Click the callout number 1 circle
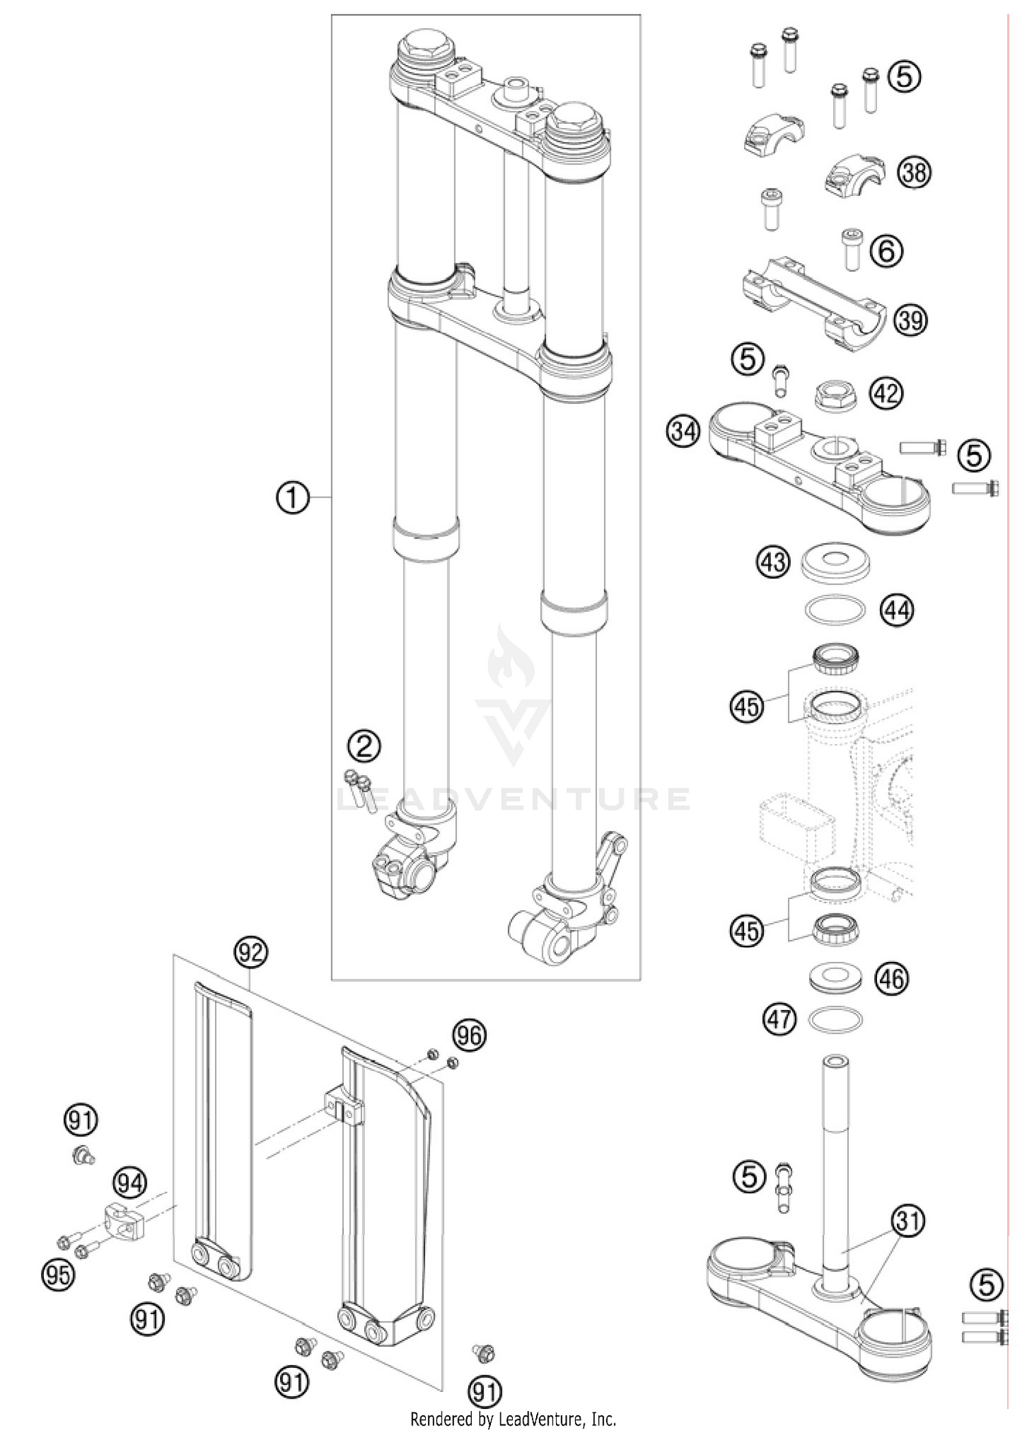(293, 498)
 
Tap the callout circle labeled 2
(364, 746)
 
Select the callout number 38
(915, 172)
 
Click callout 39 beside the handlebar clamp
(911, 319)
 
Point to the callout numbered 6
(887, 251)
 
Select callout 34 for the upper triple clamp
(683, 432)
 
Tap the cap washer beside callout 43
(836, 563)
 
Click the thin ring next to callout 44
(835, 610)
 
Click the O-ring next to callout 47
(835, 1019)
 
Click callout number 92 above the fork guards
(251, 951)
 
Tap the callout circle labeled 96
(469, 1035)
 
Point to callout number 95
(58, 1275)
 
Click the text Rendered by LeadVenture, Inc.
(513, 1418)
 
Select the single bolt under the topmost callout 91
(84, 1156)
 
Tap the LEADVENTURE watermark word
(513, 798)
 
